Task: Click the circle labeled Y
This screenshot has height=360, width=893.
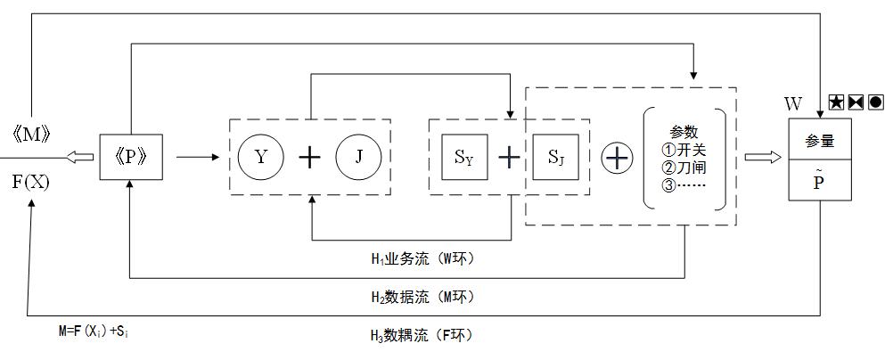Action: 260,158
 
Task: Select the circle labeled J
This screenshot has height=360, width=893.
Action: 358,158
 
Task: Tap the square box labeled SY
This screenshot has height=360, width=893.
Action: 464,159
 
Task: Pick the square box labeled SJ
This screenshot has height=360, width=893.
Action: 555,159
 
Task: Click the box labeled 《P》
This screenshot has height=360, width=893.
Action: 130,157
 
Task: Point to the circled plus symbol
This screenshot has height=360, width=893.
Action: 616,159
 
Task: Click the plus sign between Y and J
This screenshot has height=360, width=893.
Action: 309,159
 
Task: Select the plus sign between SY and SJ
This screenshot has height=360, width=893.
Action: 509,159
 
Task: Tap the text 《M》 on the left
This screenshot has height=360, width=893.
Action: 30,135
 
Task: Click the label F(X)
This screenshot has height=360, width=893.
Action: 30,183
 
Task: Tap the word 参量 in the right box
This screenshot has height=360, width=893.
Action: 820,141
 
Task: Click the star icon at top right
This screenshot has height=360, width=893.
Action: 836,102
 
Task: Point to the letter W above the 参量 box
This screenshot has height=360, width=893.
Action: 793,104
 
